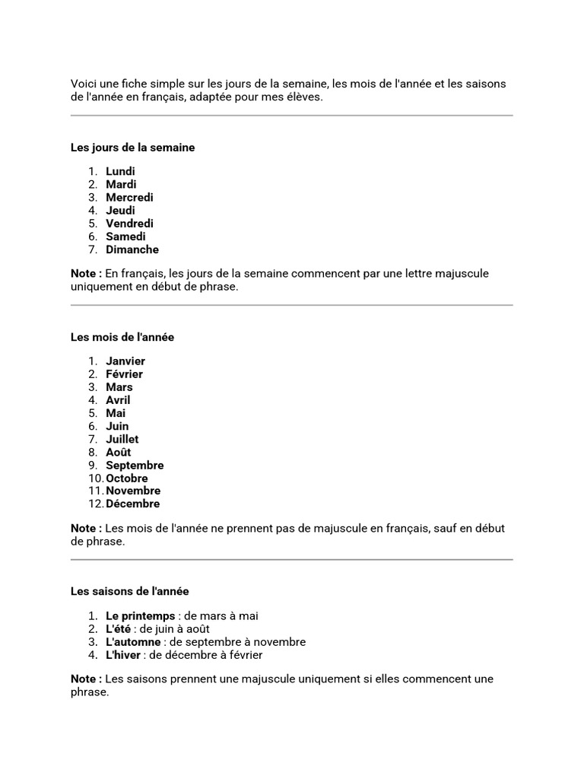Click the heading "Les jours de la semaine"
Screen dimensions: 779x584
point(132,148)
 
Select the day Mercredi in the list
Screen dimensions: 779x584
point(129,197)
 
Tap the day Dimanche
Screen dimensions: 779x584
point(132,250)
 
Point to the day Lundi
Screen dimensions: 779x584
point(120,171)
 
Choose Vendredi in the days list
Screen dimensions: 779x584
point(129,224)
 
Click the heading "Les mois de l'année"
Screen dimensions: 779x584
point(122,337)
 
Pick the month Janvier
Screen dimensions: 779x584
point(125,361)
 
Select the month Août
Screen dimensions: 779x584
point(119,452)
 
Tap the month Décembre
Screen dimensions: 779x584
point(133,504)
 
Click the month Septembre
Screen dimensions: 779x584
point(135,465)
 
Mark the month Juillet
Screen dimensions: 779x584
point(122,439)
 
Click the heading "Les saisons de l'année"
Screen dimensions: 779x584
point(130,591)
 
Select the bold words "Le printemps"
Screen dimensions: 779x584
point(140,616)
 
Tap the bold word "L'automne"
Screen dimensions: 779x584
point(133,642)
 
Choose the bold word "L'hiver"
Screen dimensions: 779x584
point(124,655)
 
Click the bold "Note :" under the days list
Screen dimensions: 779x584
point(86,273)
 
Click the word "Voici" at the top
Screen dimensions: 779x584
point(84,84)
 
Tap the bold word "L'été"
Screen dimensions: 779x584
point(119,629)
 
